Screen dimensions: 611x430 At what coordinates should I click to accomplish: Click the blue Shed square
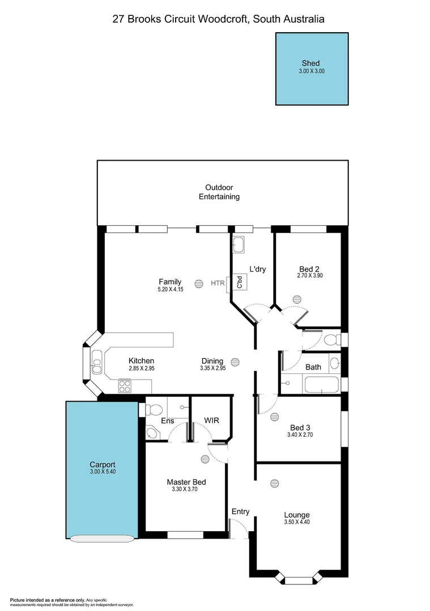point(312,68)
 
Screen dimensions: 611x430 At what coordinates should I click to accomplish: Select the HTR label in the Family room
point(218,283)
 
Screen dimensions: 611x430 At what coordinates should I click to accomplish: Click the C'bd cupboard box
point(240,282)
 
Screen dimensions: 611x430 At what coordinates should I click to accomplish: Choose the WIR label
point(211,421)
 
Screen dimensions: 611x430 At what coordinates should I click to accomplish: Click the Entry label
point(240,511)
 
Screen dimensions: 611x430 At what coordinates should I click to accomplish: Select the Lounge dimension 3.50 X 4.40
point(297,522)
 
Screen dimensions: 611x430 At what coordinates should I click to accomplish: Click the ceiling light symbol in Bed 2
point(297,299)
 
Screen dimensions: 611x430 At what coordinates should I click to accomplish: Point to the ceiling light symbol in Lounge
point(275,483)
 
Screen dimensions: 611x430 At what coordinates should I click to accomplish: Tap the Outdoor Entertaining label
point(219,192)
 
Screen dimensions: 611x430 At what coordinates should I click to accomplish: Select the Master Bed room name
point(186,482)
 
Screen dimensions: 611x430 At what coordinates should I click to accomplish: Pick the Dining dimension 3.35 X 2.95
point(212,368)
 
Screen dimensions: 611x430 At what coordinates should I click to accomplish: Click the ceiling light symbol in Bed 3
point(275,417)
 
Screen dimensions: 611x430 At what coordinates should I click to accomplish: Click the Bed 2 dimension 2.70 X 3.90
point(309,276)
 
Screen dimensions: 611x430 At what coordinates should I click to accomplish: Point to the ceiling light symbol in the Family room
point(199,283)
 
